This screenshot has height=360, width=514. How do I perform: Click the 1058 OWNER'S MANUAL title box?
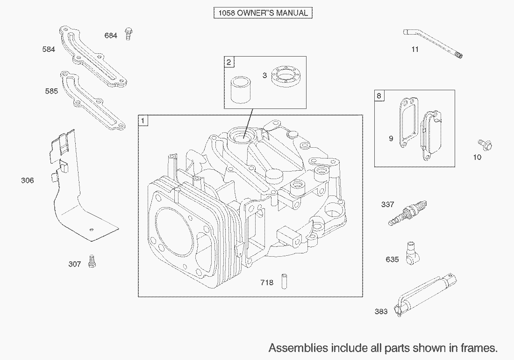263,13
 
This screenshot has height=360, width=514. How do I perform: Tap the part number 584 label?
49,49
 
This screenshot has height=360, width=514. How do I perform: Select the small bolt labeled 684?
129,34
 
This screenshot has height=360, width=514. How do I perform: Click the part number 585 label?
51,91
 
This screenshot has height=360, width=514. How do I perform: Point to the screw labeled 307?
92,261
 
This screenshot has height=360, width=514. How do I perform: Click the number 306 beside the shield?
27,180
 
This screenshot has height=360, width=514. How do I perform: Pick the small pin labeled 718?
284,281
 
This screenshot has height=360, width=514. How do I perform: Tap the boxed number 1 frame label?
143,121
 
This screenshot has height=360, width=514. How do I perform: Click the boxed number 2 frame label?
229,62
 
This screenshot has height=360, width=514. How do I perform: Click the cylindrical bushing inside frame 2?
241,90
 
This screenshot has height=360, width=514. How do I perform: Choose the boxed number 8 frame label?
379,96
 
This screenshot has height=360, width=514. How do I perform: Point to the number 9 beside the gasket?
391,139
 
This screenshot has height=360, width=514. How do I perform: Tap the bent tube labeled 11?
433,43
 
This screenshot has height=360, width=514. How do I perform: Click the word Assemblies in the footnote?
298,347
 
